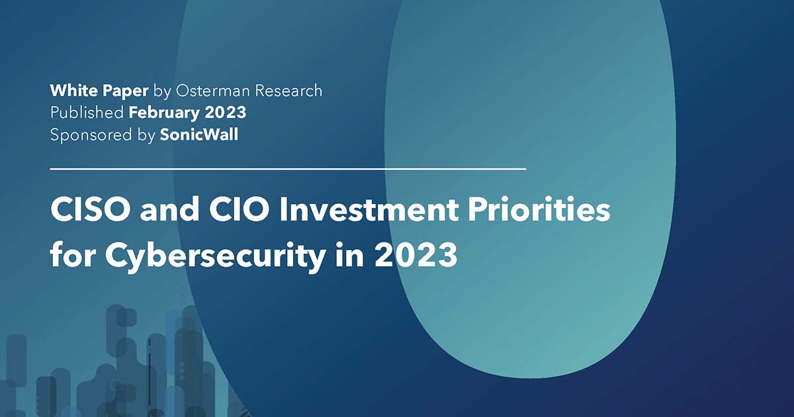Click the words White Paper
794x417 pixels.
pos(99,91)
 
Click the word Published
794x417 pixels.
pos(87,113)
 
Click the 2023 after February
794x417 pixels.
pos(227,113)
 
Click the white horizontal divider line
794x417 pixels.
pos(288,169)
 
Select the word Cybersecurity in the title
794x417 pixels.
pos(204,255)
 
